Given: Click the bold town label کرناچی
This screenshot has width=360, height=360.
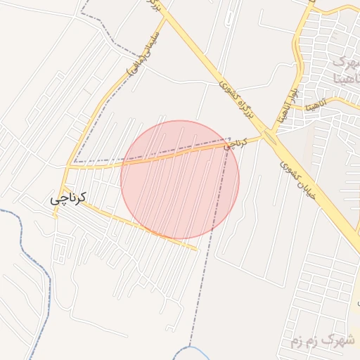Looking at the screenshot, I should pyautogui.click(x=67, y=198).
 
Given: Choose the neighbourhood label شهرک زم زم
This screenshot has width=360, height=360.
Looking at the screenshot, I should pyautogui.click(x=323, y=342).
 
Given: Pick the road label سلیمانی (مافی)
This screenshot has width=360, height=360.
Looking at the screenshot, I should pyautogui.click(x=143, y=56).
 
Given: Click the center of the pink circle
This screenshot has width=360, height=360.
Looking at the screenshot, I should pyautogui.click(x=180, y=179).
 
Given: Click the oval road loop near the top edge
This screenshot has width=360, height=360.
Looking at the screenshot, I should pyautogui.click(x=230, y=17).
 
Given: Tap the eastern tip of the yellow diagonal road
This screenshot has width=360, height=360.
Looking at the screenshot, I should pyautogui.click(x=197, y=248).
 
